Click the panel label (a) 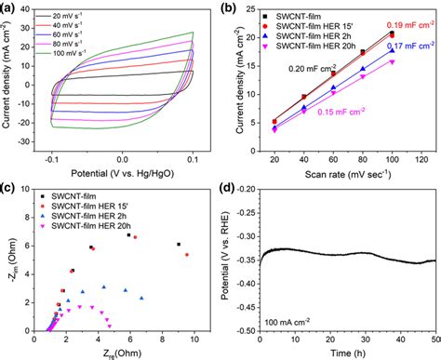pos(10,7)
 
